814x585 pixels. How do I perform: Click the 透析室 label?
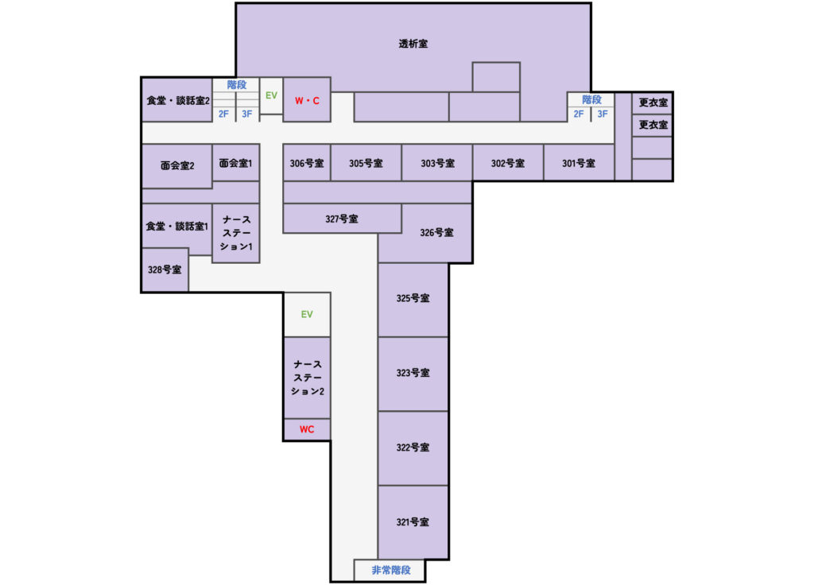[x=413, y=45]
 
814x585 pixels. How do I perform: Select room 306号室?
[x=307, y=163]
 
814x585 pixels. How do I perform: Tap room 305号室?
[x=366, y=163]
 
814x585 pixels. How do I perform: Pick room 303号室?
[x=437, y=163]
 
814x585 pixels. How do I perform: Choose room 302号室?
[x=507, y=163]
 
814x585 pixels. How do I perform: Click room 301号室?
[x=579, y=163]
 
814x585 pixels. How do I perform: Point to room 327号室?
[x=342, y=219]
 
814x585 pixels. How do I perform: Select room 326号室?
[x=436, y=233]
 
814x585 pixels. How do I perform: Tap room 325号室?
[x=413, y=299]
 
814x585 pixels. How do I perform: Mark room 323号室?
[x=413, y=373]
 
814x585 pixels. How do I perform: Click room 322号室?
[x=413, y=447]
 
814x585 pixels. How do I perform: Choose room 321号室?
[x=413, y=522]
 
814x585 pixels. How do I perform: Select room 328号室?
[x=165, y=269]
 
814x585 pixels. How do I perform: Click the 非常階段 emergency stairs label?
[x=391, y=570]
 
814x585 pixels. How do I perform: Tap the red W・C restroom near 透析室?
[x=307, y=100]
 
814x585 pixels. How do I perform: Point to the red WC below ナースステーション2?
[x=307, y=429]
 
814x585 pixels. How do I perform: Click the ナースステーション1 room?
[x=236, y=233]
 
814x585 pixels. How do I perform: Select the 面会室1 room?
[x=236, y=163]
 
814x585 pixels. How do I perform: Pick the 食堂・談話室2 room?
[x=177, y=101]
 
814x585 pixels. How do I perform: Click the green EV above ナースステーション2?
[x=307, y=314]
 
